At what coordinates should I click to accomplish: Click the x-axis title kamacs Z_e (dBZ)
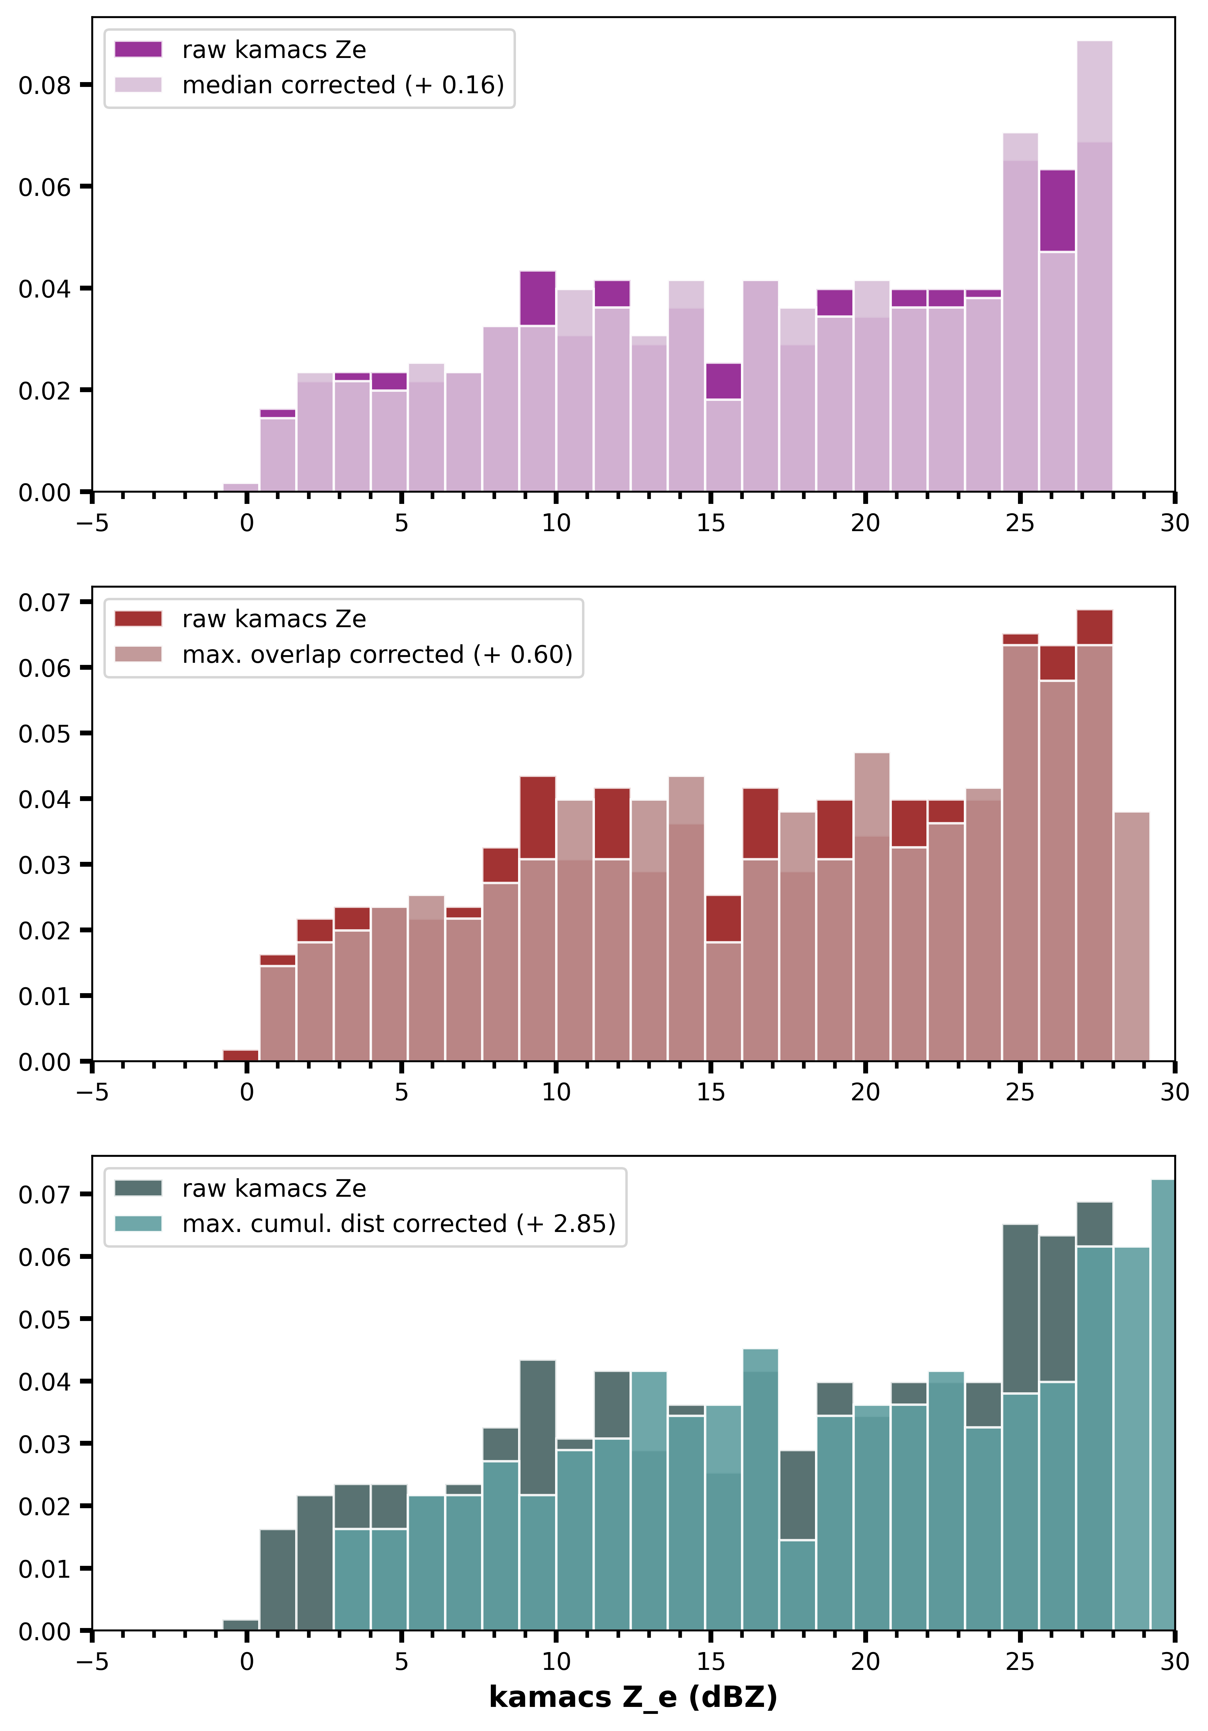point(633,1697)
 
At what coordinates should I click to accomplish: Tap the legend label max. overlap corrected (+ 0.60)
point(377,654)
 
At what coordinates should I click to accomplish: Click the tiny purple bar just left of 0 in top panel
point(241,487)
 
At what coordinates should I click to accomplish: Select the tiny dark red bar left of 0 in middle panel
point(241,1056)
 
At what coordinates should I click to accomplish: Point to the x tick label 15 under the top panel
point(710,523)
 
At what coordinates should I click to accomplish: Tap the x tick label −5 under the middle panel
point(92,1092)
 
